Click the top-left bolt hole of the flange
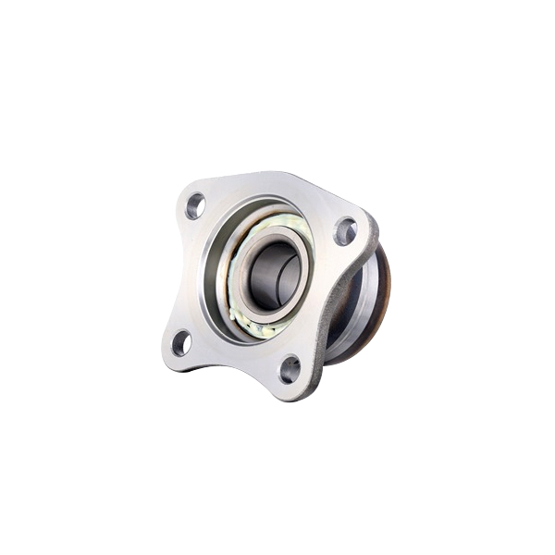click(x=195, y=205)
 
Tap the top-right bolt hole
click(x=345, y=229)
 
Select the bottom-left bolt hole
click(x=181, y=342)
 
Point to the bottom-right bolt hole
click(x=290, y=369)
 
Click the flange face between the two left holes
click(x=191, y=273)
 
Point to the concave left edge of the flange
click(x=176, y=273)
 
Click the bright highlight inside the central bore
click(x=264, y=277)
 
